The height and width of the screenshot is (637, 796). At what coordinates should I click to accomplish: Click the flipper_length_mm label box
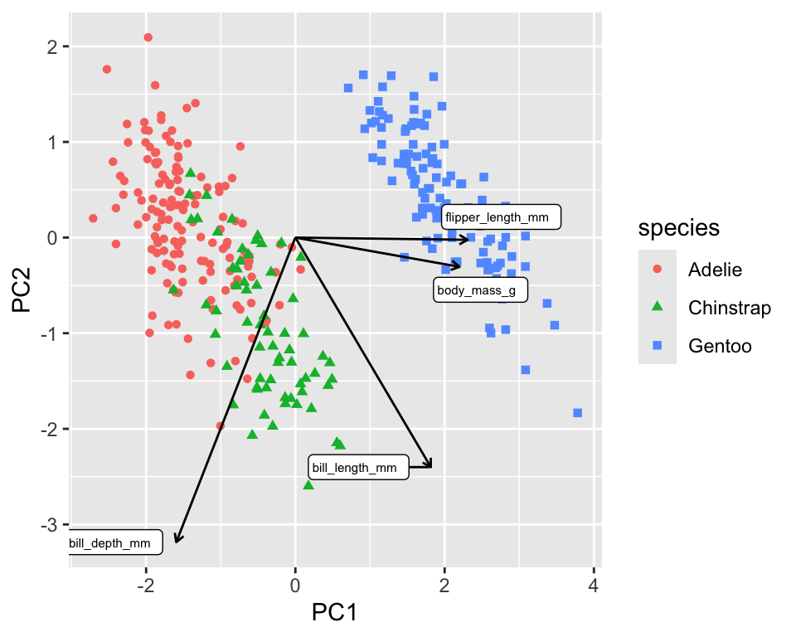501,217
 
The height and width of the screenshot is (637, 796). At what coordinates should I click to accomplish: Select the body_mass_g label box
480,289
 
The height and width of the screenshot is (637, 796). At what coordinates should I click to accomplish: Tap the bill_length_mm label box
358,467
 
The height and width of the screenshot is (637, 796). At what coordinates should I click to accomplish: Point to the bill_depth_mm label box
111,543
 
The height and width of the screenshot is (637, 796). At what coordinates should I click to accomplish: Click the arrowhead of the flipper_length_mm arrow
468,240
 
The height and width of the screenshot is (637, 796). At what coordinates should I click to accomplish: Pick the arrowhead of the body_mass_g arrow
459,265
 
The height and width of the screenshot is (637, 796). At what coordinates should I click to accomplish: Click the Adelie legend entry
714,270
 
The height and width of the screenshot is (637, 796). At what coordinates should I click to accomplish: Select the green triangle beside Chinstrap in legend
658,308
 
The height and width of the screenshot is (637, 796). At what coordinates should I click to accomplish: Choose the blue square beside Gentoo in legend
658,346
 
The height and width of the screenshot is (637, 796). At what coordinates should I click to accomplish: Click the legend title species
677,227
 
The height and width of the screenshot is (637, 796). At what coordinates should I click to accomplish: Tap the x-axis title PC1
334,613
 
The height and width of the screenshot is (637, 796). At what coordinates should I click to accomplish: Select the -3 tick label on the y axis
51,525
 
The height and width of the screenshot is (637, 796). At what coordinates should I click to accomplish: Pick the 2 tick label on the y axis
55,46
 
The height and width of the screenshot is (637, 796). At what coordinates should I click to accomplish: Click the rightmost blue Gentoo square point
577,413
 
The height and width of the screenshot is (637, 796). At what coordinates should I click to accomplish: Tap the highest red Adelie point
148,37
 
